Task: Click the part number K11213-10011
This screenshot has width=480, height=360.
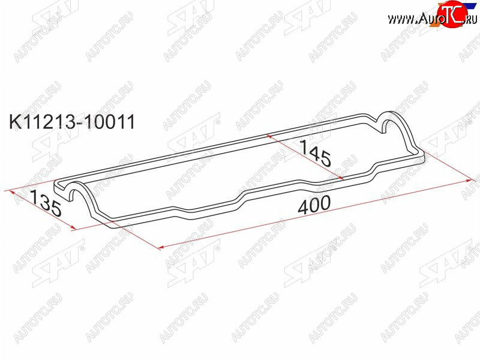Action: click(72, 122)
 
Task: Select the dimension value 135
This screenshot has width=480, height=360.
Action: click(47, 203)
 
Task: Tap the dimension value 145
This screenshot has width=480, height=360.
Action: click(316, 152)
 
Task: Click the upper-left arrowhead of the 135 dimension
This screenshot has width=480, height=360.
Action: click(12, 192)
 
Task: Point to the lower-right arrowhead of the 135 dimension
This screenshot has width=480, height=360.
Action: click(73, 227)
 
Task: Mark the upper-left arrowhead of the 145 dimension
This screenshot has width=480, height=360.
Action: click(269, 136)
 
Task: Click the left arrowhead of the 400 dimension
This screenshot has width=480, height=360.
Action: click(161, 247)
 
